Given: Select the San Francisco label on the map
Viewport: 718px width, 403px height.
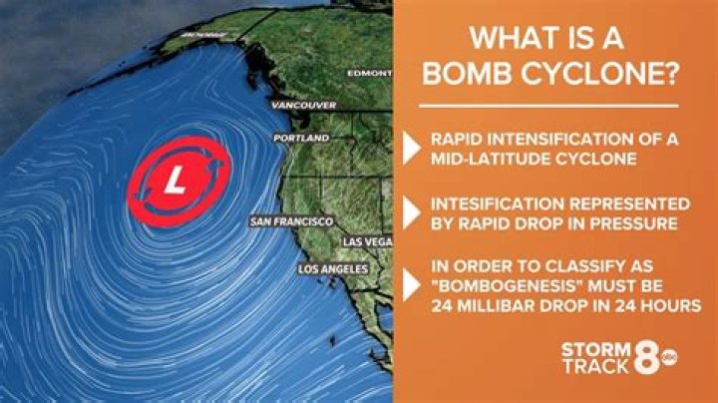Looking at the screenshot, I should pos(291,221).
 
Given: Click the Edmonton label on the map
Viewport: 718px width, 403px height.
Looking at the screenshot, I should pos(369,73).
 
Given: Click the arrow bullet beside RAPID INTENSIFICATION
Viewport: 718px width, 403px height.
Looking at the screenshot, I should pos(411,148).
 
